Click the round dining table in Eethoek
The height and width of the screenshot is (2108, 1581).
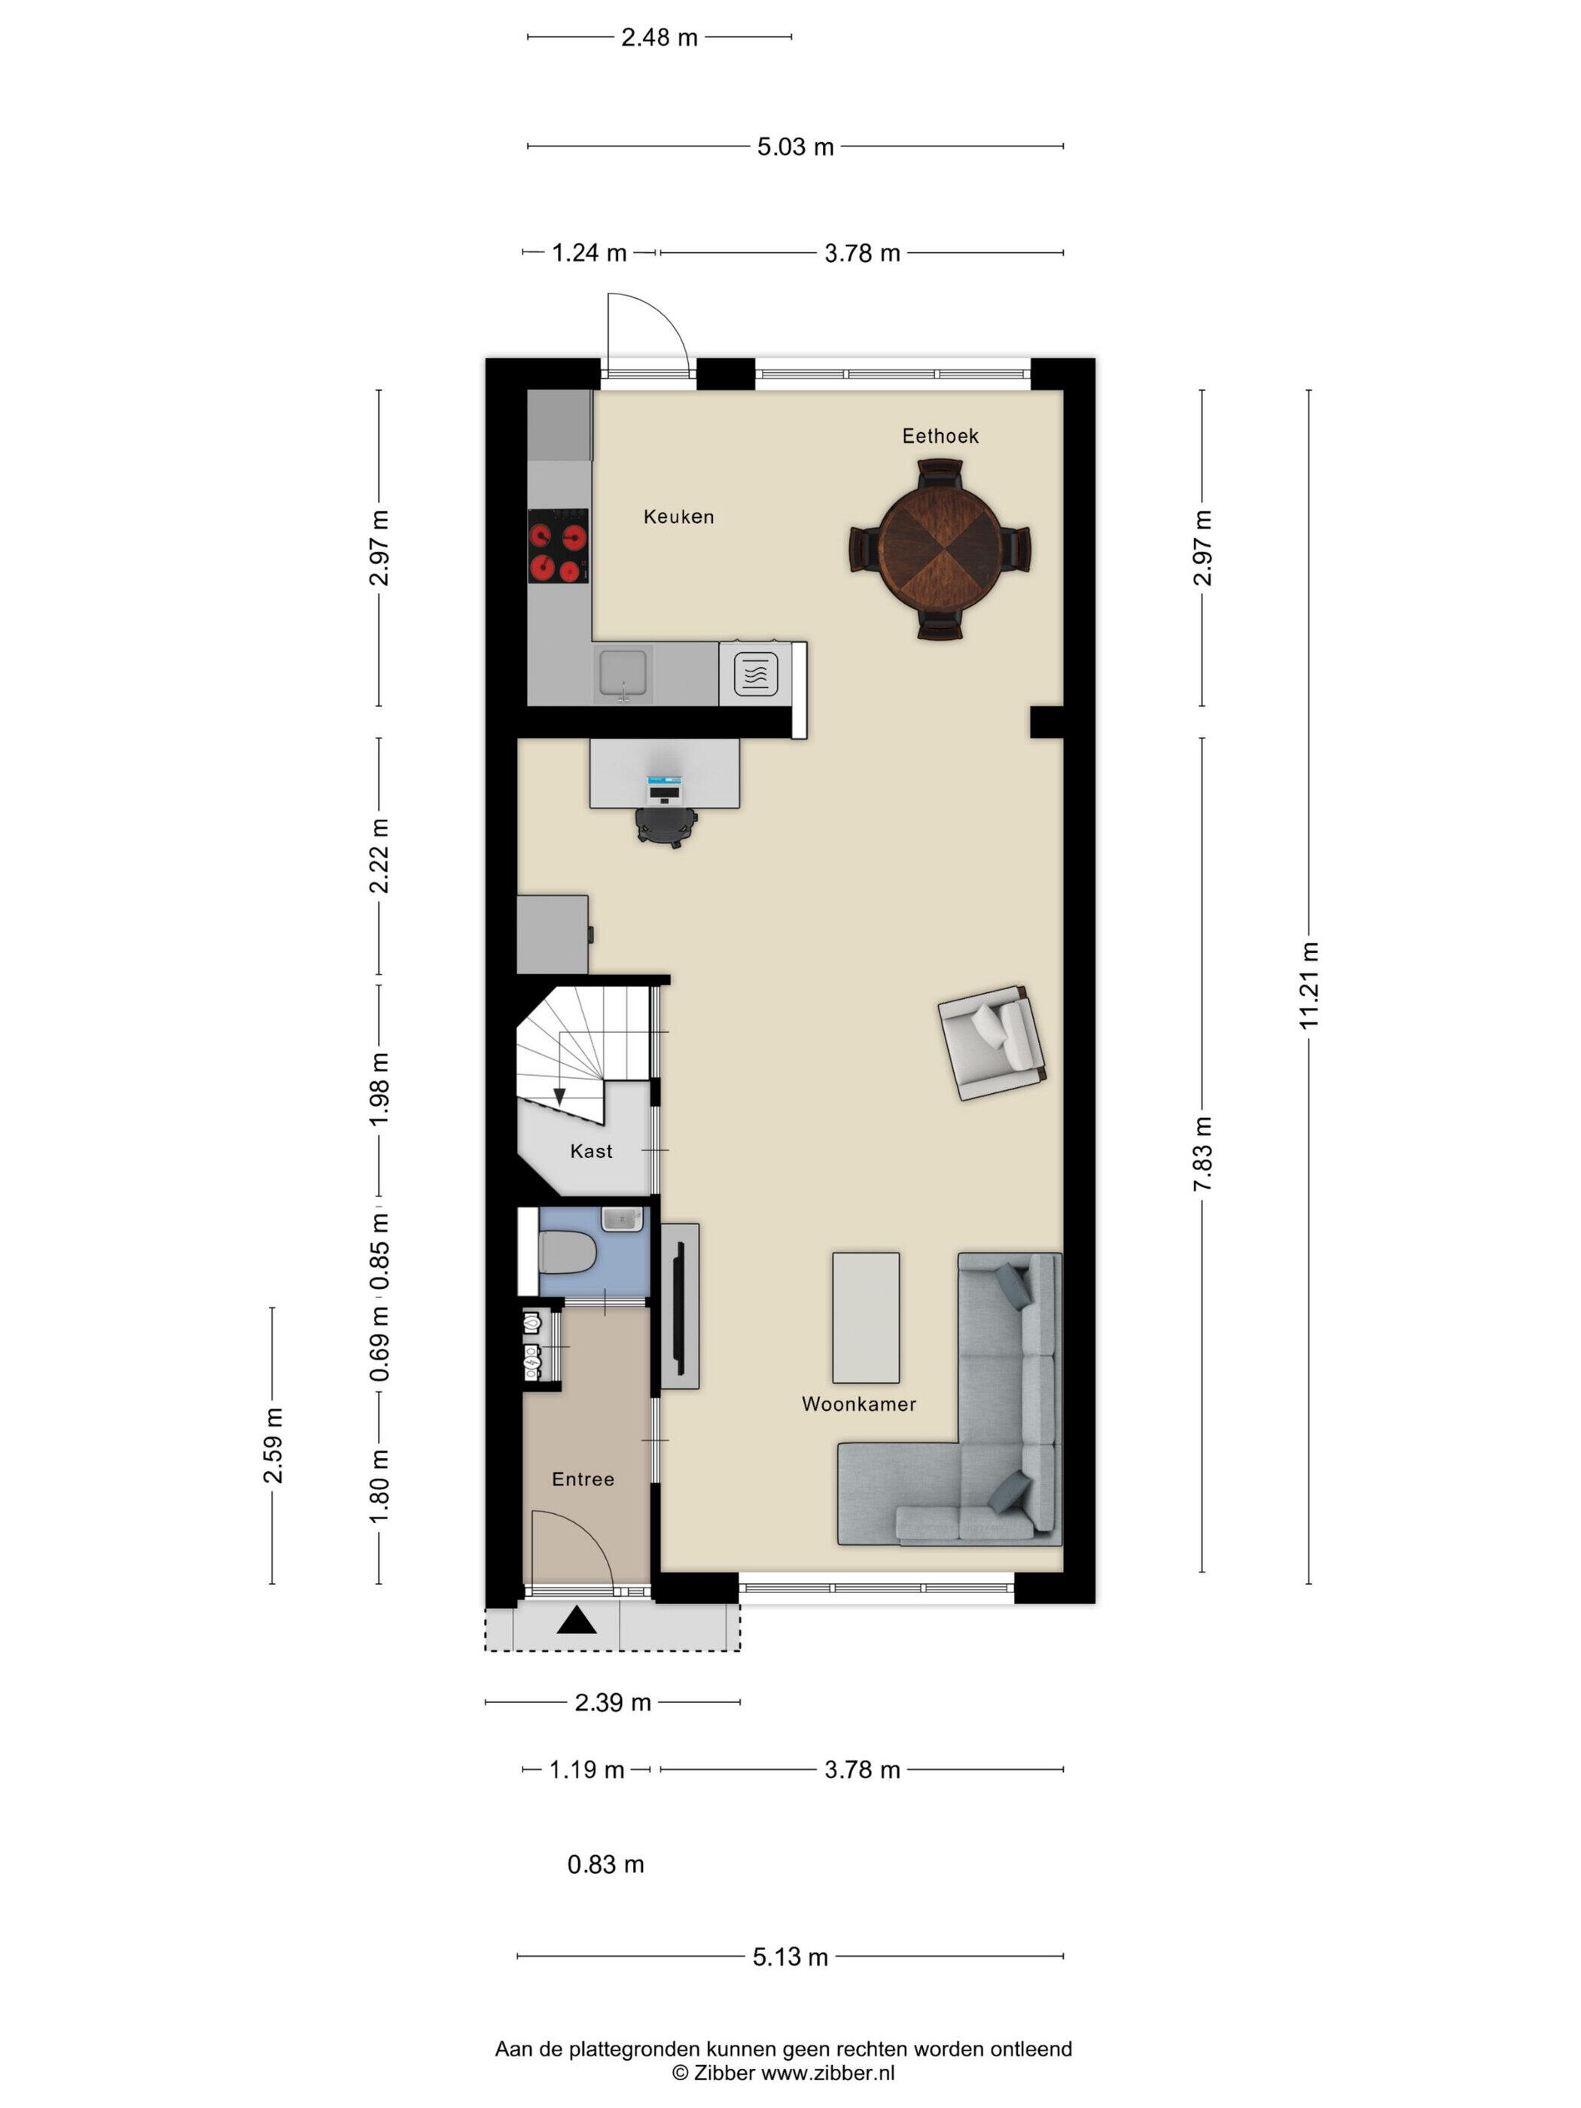940,549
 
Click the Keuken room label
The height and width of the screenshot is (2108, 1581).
678,516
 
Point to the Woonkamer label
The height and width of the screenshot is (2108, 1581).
859,1404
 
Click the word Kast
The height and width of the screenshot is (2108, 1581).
591,1151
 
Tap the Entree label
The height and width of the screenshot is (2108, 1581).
583,1479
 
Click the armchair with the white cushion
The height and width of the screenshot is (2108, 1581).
991,1043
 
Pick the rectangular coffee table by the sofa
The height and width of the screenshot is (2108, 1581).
865,1317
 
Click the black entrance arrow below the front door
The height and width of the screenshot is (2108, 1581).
577,1620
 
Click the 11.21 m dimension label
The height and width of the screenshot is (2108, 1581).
1308,985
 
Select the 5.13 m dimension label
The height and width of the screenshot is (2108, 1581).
790,1957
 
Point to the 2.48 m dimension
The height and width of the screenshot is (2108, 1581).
660,37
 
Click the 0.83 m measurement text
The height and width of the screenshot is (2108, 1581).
605,1864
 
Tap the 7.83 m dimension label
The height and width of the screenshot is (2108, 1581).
1202,1154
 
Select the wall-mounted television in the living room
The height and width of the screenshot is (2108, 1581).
680,1306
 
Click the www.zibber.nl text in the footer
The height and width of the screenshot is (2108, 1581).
827,2073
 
